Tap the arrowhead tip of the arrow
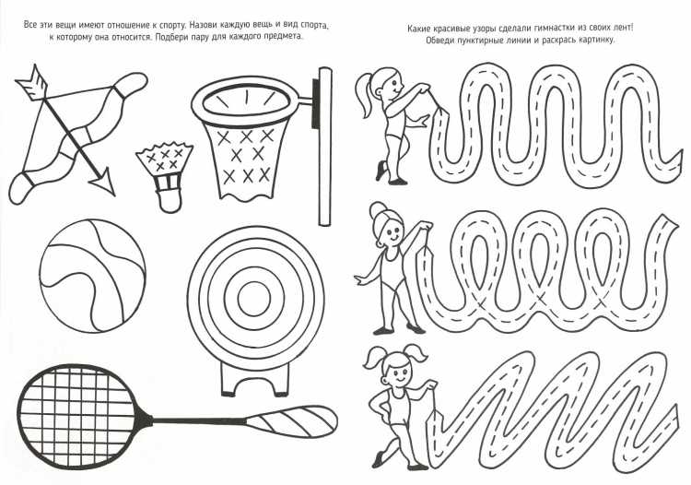click(113, 195)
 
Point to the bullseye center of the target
click(253, 299)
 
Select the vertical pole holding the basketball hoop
click(325, 147)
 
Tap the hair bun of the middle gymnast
click(379, 210)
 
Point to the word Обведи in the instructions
click(439, 41)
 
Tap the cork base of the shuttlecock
click(170, 201)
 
